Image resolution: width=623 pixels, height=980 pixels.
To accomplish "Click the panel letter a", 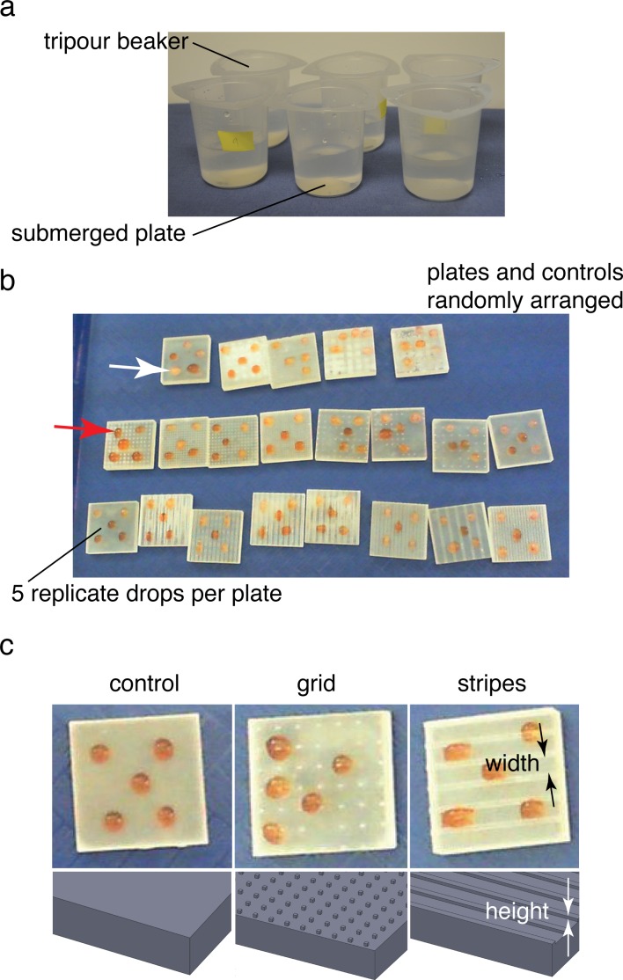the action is click(x=8, y=10).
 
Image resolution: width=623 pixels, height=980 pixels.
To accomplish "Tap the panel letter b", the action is click(x=8, y=280).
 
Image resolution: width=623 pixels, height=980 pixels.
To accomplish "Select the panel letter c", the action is click(x=7, y=647).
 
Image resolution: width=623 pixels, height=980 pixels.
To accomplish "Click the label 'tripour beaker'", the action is click(x=115, y=42).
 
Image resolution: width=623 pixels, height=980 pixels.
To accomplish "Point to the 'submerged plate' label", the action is click(x=98, y=233).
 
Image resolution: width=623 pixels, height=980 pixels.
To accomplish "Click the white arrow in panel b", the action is click(x=139, y=369).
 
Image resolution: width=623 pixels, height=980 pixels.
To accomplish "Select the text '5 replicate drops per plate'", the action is click(x=146, y=593).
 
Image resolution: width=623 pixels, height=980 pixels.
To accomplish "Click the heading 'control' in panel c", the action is click(x=144, y=684).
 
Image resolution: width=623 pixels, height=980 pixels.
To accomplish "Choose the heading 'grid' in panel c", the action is click(x=316, y=684).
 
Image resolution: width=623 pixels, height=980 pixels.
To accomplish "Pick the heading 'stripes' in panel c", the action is click(x=492, y=684).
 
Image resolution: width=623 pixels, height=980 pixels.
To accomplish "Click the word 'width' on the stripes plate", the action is click(x=512, y=763).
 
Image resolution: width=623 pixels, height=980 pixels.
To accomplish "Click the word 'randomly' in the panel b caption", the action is click(x=474, y=301).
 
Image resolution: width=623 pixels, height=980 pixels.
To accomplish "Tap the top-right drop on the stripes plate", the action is click(x=531, y=733).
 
